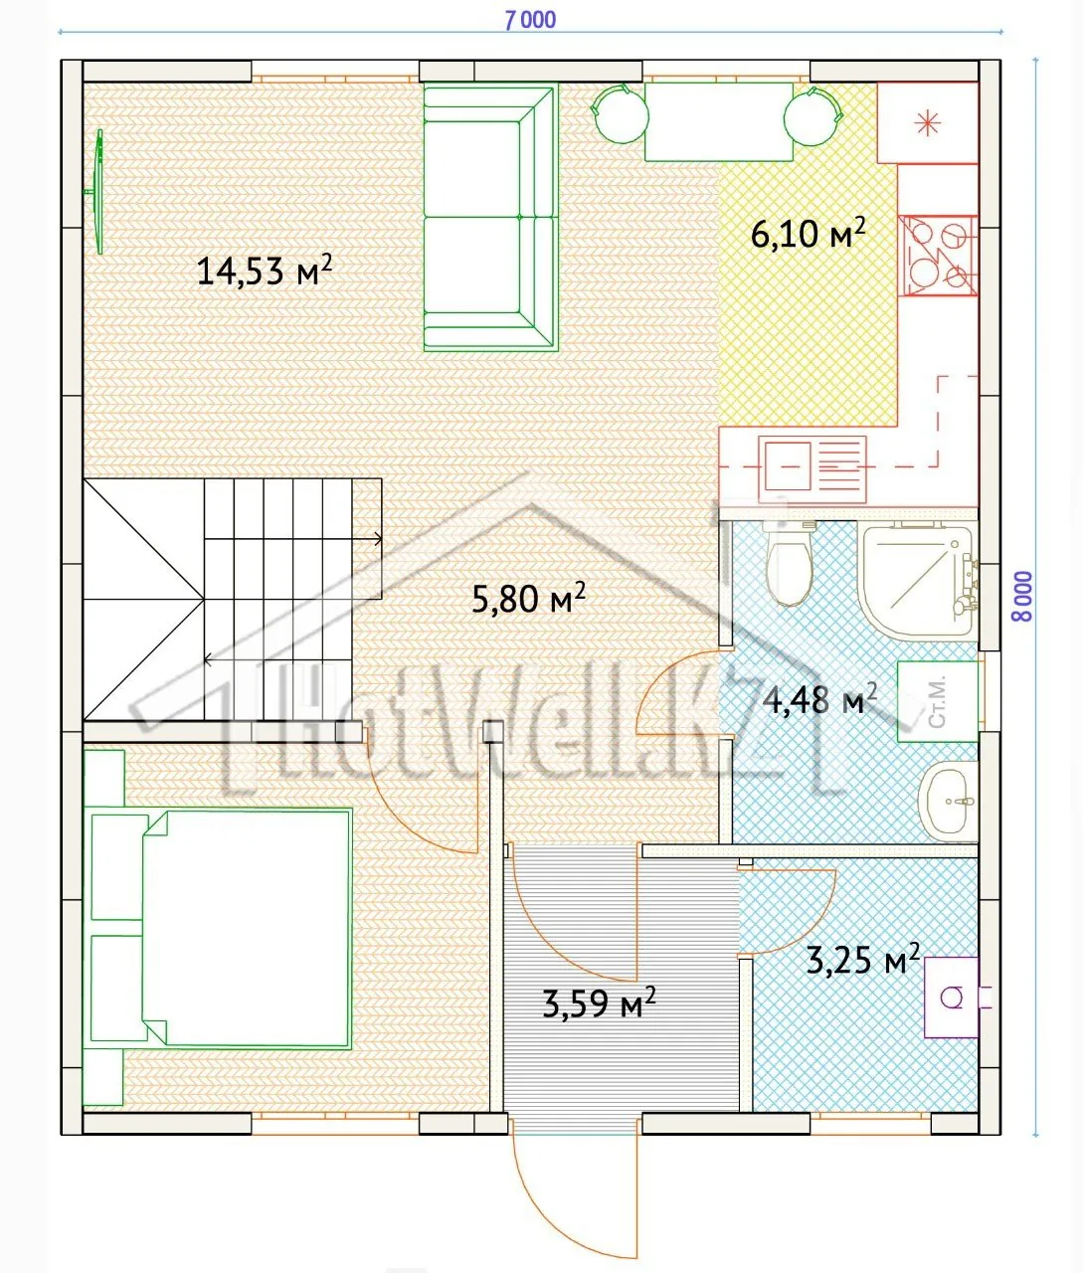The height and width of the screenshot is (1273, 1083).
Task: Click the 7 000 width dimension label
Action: click(x=530, y=20)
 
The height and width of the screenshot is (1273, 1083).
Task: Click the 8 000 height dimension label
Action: click(x=1022, y=597)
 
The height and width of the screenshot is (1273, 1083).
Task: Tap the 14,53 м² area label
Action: click(x=265, y=270)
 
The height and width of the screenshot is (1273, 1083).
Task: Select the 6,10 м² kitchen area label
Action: click(x=808, y=233)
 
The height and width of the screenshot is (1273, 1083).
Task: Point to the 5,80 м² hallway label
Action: click(x=528, y=598)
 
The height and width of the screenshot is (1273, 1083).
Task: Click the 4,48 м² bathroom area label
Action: click(x=819, y=699)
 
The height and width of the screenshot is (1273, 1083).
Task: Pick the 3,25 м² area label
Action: click(x=863, y=959)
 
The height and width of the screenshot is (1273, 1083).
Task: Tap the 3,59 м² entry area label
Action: click(x=599, y=1002)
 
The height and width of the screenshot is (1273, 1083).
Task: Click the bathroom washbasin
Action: click(x=948, y=802)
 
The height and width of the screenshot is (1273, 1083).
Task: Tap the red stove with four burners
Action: click(x=938, y=255)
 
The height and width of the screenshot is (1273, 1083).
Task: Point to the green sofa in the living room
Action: click(x=490, y=219)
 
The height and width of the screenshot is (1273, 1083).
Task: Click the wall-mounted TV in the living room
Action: click(x=95, y=192)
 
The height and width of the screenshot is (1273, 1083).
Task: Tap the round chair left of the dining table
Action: click(x=620, y=114)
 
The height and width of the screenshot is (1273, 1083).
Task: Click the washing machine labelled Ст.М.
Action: click(x=937, y=701)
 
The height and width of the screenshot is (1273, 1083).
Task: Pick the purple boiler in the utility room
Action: click(x=953, y=998)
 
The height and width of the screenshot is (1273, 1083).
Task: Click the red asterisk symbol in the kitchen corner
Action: click(x=927, y=123)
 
